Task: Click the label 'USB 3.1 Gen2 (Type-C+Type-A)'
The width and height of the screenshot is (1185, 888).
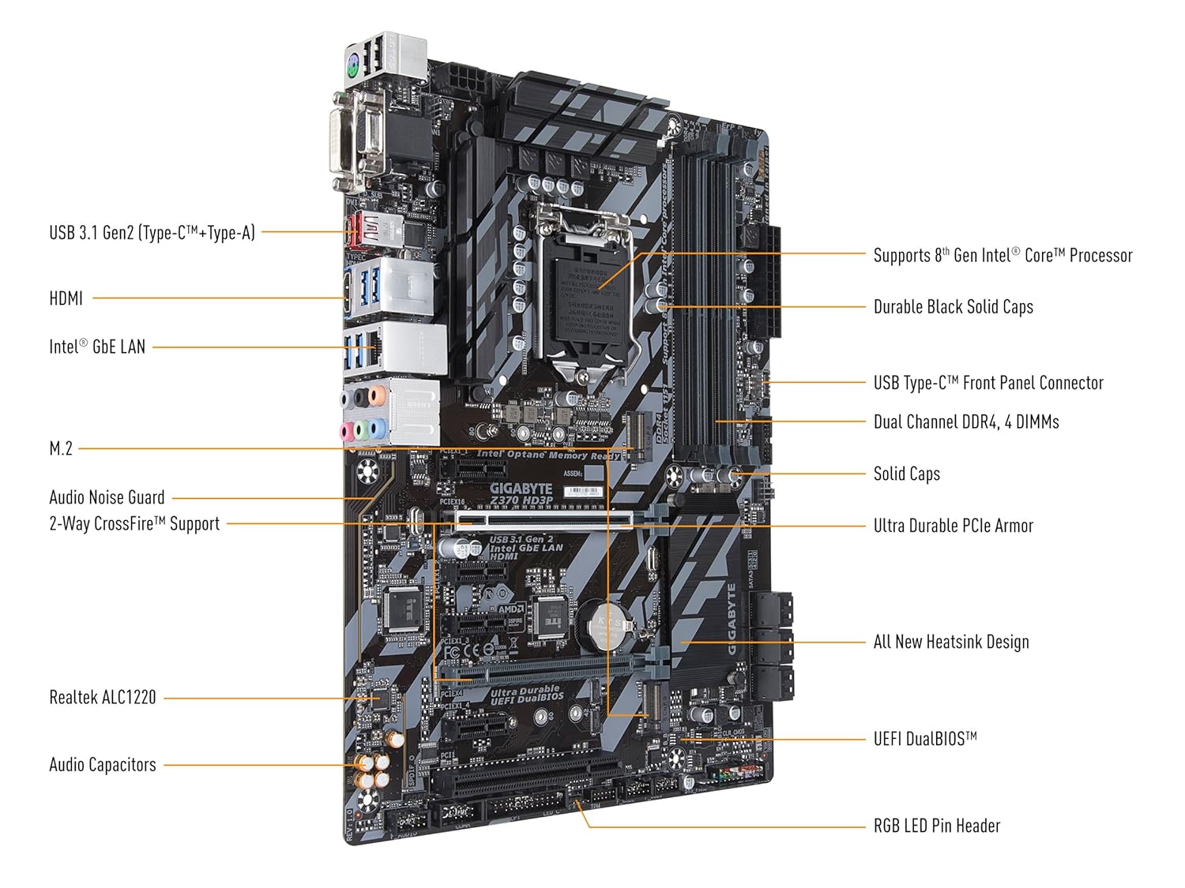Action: [x=152, y=233]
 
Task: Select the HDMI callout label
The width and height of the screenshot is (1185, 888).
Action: [x=66, y=298]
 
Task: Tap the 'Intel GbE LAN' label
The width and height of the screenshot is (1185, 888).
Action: [x=97, y=347]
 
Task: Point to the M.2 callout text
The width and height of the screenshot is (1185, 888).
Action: [x=61, y=449]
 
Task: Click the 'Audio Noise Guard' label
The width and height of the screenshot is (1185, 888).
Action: [x=107, y=498]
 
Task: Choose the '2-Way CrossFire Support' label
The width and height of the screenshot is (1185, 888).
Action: [x=134, y=524]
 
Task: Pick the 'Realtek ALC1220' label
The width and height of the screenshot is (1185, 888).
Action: [x=103, y=698]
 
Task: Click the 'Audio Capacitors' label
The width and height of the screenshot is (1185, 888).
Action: [x=103, y=765]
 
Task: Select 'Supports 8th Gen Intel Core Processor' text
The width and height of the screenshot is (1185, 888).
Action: [x=1003, y=255]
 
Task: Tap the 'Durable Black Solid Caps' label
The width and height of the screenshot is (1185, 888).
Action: [x=953, y=307]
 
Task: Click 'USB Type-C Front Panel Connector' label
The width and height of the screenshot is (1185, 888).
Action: [x=988, y=384]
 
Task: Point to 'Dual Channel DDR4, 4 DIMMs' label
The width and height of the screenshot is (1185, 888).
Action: [x=966, y=422]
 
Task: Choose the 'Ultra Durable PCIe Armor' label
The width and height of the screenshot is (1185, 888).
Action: [x=953, y=526]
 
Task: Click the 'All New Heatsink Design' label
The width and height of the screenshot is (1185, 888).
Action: [x=951, y=642]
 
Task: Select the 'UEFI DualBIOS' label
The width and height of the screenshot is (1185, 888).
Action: [x=925, y=740]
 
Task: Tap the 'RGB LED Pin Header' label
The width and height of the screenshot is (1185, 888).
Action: [x=937, y=826]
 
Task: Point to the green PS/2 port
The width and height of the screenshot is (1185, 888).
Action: [x=353, y=68]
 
